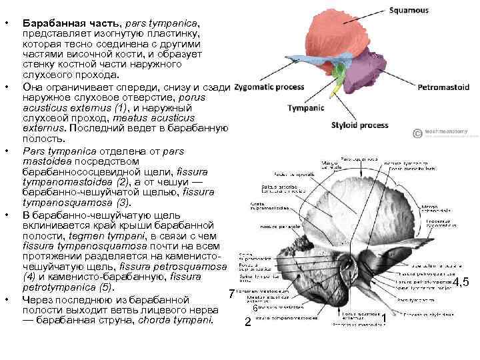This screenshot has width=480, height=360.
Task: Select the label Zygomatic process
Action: click(270, 87)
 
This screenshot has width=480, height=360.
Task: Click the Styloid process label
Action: click(359, 125)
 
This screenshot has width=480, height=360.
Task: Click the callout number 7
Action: click(231, 294)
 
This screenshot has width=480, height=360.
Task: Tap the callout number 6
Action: click(255, 308)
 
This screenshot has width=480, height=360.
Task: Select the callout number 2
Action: click(247, 322)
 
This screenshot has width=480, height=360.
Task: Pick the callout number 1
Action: click(385, 319)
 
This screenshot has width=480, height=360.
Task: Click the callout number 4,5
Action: click(461, 282)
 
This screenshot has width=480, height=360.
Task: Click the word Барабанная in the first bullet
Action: click(49, 22)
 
